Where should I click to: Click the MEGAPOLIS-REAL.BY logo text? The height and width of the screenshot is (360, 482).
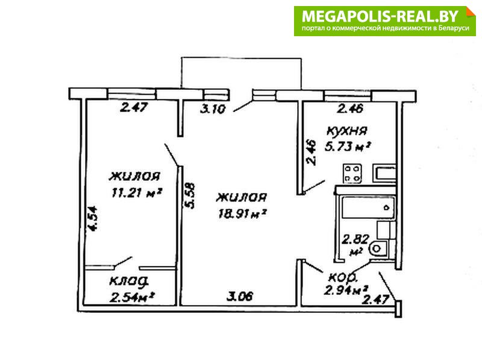click(x=380, y=16)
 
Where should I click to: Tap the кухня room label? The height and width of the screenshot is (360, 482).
click(x=347, y=131)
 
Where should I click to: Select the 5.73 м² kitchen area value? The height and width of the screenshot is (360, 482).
click(x=347, y=147)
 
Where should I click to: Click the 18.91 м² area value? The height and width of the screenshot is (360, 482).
click(x=242, y=213)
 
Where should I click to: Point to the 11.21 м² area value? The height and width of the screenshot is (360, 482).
click(x=137, y=193)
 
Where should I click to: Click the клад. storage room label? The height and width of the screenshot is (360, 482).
click(x=129, y=282)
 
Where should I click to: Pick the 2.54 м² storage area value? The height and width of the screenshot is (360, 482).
click(x=131, y=297)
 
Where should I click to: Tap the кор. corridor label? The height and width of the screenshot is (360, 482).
click(x=343, y=277)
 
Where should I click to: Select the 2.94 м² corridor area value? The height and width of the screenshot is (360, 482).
click(x=346, y=290)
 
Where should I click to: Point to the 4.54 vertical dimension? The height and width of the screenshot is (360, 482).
click(x=92, y=218)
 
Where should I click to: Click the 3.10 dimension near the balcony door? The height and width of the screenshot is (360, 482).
click(x=213, y=109)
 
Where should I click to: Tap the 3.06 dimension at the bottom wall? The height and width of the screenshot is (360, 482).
click(x=240, y=296)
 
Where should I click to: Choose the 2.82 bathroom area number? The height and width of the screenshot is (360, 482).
click(x=355, y=239)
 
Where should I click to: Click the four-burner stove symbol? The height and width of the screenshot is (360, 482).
click(x=352, y=174)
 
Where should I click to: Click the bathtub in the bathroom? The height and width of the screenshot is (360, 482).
click(x=368, y=207)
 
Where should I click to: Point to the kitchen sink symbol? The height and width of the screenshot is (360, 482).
click(x=384, y=173)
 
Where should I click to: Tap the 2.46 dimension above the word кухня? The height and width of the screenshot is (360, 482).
click(x=351, y=109)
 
